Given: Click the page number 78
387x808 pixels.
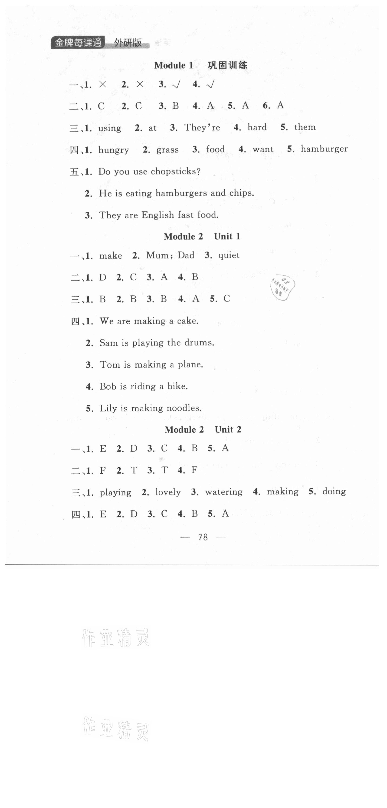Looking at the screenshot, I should [203, 537].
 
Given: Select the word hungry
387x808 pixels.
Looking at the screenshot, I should [113, 150].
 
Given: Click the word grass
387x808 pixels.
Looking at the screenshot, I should [167, 150].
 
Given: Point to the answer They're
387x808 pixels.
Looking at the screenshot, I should [202, 127].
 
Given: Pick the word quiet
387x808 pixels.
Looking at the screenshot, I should [229, 255].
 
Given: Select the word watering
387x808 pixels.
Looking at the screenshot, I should [223, 492].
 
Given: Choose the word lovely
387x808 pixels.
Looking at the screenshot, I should [168, 492].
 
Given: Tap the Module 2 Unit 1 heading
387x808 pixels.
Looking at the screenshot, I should [202, 236].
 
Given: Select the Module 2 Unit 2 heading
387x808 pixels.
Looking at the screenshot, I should [203, 429].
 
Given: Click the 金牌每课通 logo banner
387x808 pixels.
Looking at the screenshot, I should [78, 43].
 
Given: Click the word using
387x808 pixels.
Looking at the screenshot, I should [110, 128].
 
